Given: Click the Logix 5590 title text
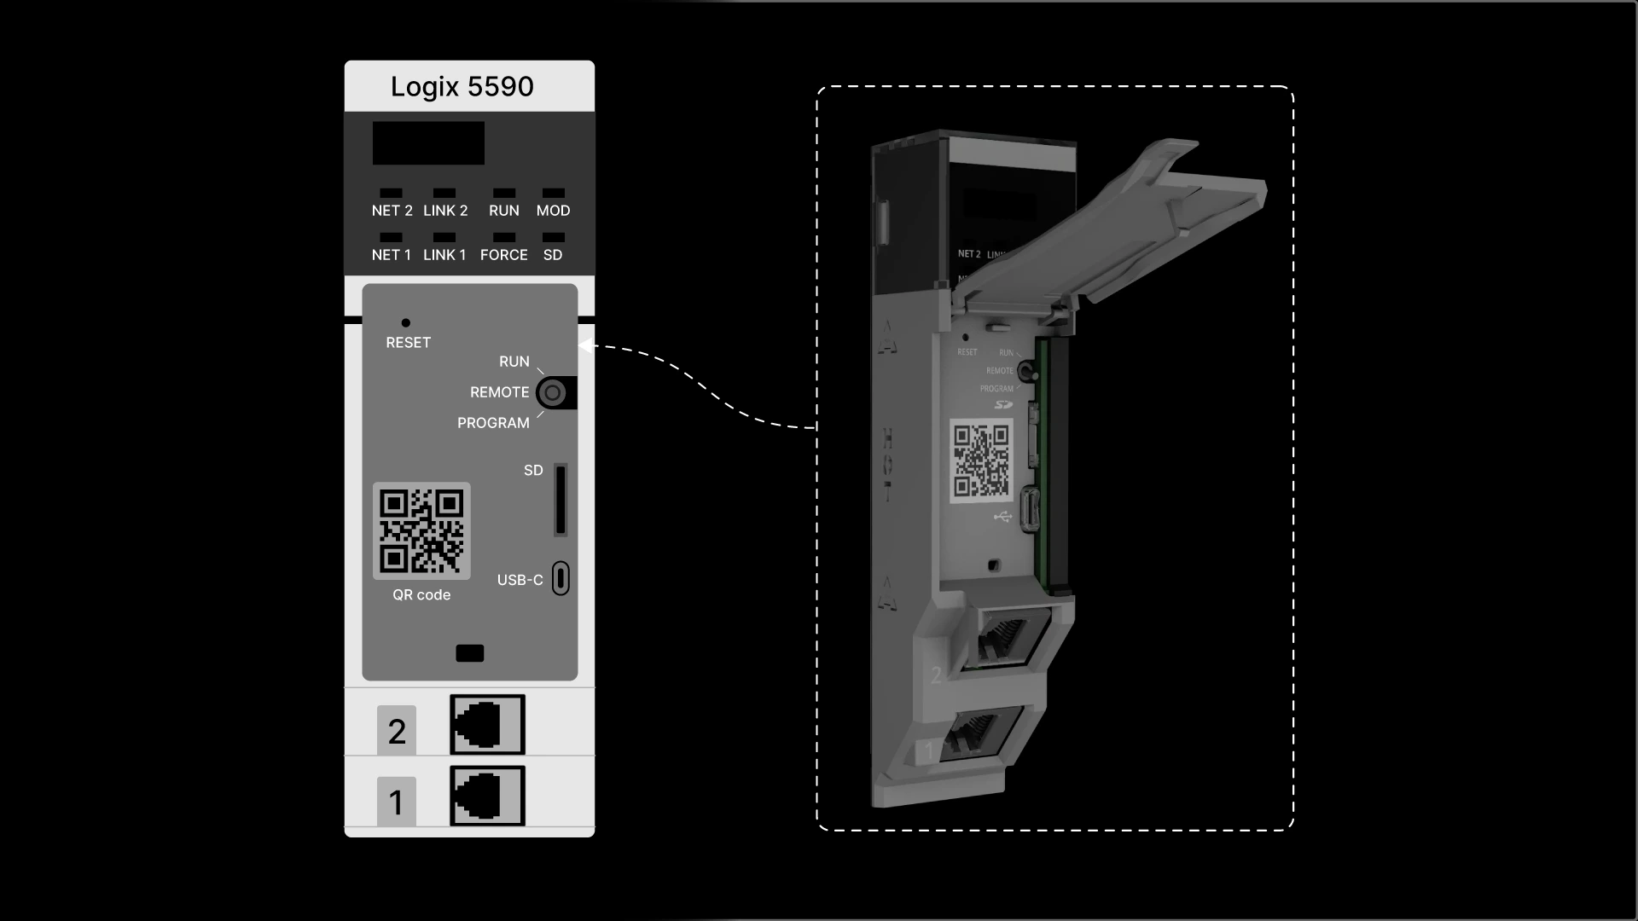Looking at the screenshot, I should pyautogui.click(x=462, y=87).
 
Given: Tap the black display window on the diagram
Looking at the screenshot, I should pyautogui.click(x=428, y=142).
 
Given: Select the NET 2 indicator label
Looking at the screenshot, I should pyautogui.click(x=392, y=211).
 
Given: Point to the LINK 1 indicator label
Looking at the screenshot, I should pyautogui.click(x=444, y=255).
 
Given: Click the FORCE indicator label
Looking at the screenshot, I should pyautogui.click(x=503, y=255).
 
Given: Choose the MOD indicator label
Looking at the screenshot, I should pyautogui.click(x=553, y=211).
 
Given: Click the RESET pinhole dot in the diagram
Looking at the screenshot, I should pyautogui.click(x=406, y=322).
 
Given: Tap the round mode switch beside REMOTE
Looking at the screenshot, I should pyautogui.click(x=553, y=393).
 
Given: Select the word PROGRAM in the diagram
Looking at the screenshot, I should pyautogui.click(x=493, y=423).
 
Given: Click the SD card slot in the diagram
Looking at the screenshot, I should pyautogui.click(x=561, y=500).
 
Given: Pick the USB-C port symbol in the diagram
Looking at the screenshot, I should pyautogui.click(x=561, y=578).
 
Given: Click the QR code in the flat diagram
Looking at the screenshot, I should pyautogui.click(x=421, y=530).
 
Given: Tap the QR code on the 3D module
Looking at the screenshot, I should pyautogui.click(x=982, y=460).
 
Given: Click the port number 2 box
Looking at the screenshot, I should pyautogui.click(x=397, y=731).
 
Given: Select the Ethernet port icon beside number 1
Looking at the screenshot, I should pyautogui.click(x=487, y=796).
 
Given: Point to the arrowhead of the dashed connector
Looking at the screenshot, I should pyautogui.click(x=586, y=345).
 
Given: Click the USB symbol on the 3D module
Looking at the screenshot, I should pyautogui.click(x=1002, y=517).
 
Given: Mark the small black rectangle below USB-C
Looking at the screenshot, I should pyautogui.click(x=470, y=653).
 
